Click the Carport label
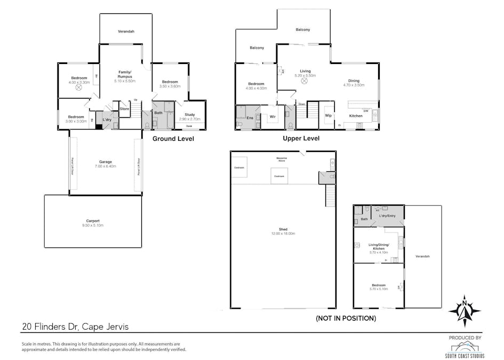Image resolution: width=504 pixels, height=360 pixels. [x=93, y=221]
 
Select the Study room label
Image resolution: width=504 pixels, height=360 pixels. [x=189, y=114]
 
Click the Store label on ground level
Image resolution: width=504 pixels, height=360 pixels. [x=124, y=109]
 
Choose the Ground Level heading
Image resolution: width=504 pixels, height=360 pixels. [x=173, y=139]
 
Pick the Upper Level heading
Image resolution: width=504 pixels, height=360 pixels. [x=301, y=139]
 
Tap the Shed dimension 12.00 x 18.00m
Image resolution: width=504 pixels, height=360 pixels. [x=283, y=234]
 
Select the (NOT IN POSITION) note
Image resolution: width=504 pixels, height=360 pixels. [x=346, y=318]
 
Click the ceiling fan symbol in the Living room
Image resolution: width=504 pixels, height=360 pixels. [x=304, y=82]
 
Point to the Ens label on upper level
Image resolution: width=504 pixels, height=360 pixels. [x=249, y=117]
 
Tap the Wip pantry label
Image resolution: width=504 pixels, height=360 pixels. [x=329, y=115]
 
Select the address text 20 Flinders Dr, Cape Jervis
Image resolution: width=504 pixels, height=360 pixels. [x=75, y=326]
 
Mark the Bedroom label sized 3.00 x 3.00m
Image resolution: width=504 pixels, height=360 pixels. [x=76, y=119]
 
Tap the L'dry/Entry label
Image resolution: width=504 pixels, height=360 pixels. [x=387, y=215]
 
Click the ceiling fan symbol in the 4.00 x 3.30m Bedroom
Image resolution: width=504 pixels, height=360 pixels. [x=78, y=88]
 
